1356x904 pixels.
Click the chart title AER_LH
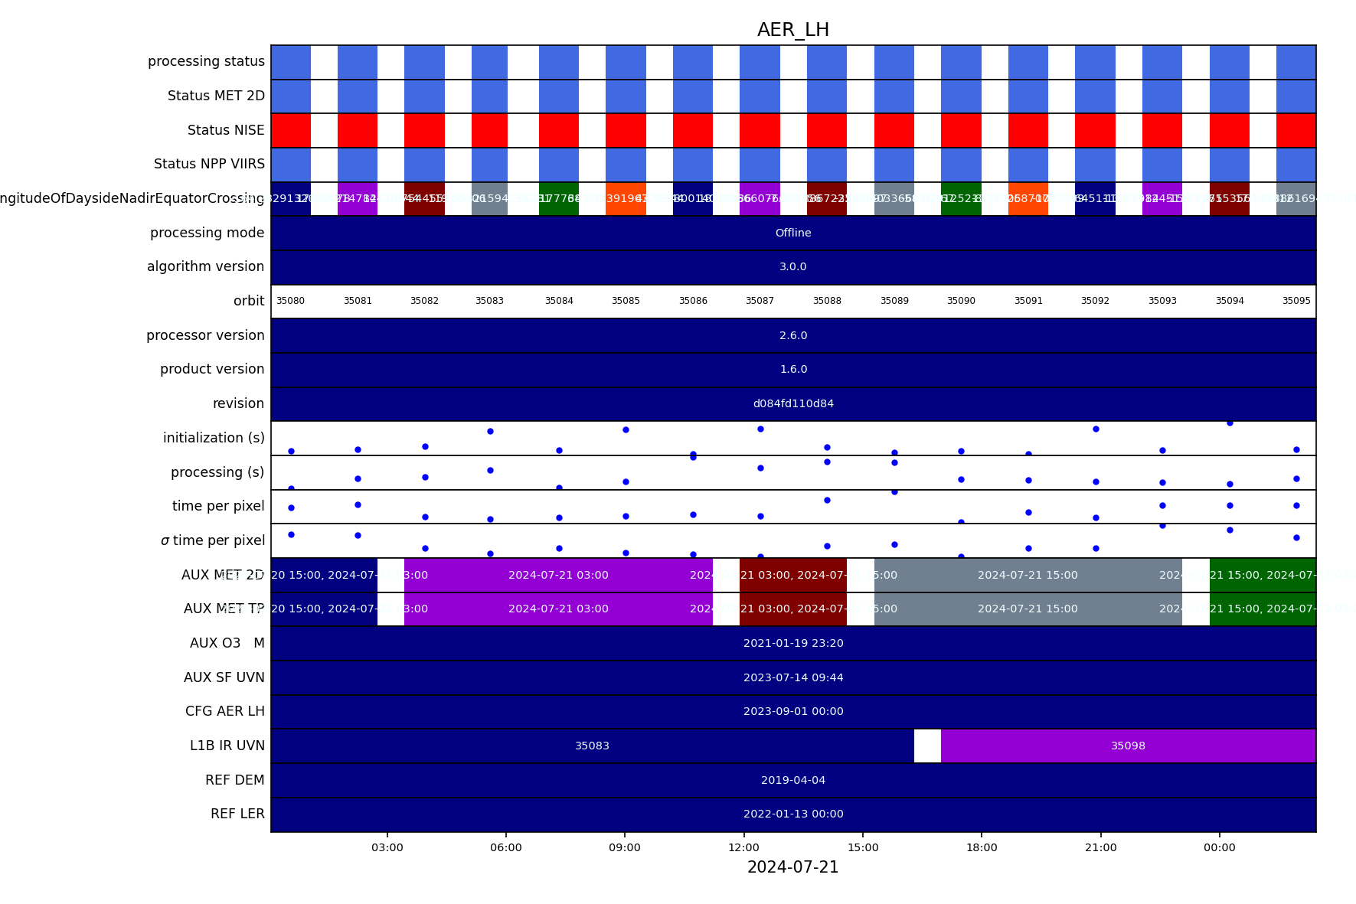(792, 30)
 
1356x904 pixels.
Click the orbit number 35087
(760, 301)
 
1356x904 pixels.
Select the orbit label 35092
(1095, 301)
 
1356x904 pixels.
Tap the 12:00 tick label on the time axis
(743, 847)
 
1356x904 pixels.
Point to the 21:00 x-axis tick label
(1100, 847)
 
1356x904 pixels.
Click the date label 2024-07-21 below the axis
(792, 867)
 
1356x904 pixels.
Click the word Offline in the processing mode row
(792, 233)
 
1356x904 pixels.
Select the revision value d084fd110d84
(793, 403)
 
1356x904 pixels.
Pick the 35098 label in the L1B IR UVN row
(1128, 746)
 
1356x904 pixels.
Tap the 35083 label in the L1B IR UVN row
(592, 746)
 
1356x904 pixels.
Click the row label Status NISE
(226, 130)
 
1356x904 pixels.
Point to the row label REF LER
(237, 814)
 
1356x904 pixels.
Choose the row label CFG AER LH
(224, 711)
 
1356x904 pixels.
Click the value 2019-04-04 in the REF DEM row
(792, 780)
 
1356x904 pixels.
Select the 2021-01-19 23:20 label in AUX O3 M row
(793, 643)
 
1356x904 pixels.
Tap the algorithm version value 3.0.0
(792, 266)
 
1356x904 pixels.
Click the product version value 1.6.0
(793, 369)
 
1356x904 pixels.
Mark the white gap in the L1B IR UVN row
(927, 746)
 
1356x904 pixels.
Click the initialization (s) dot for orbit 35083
(490, 431)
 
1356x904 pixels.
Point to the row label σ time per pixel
(213, 540)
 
